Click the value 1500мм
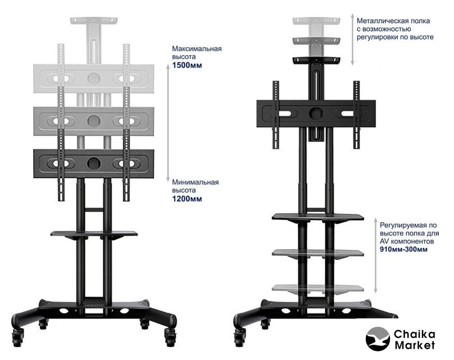[187, 65]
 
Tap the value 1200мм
[187, 199]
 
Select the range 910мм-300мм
[403, 249]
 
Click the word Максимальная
[197, 48]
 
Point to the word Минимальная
[196, 182]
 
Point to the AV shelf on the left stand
[94, 233]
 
